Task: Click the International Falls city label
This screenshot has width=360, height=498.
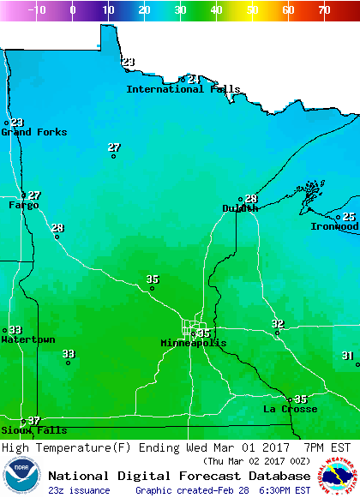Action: click(183, 89)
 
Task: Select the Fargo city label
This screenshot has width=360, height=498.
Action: click(24, 205)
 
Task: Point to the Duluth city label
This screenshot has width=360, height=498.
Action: click(240, 208)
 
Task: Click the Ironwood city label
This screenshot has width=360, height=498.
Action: click(334, 226)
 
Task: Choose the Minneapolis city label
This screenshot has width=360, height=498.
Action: click(194, 343)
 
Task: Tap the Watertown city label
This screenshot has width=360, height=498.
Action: click(27, 339)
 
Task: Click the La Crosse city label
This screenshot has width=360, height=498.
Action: click(290, 409)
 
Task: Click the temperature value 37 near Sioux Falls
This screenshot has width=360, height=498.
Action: click(34, 420)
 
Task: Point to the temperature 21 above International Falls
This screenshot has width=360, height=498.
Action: click(194, 79)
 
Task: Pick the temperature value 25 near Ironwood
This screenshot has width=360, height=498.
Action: click(349, 217)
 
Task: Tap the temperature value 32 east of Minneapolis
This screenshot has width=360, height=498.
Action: click(278, 323)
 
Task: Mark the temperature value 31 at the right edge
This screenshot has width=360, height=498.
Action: click(347, 355)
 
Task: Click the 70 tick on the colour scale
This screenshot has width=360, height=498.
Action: click(324, 10)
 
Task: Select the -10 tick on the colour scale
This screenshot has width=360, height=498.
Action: click(37, 10)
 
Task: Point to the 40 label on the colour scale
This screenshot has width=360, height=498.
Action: click(216, 10)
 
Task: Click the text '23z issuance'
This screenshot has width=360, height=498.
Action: click(80, 490)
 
